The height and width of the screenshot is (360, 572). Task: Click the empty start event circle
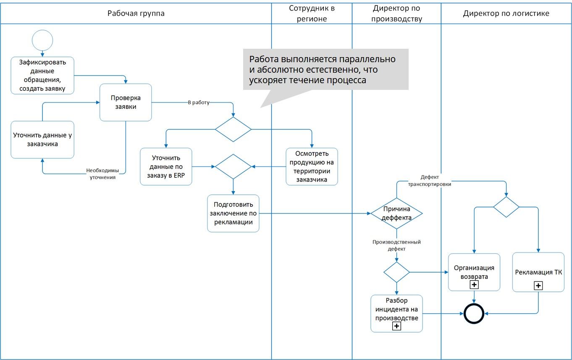[x=42, y=40]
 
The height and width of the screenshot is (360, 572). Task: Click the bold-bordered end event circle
[x=474, y=313]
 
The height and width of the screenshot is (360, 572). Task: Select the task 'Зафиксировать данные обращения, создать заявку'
[x=42, y=75]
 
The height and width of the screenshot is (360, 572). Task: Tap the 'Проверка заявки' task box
[x=126, y=102]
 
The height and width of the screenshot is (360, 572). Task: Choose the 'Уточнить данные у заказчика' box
[x=42, y=139]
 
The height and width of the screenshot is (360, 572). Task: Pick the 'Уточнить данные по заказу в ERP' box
[x=166, y=166]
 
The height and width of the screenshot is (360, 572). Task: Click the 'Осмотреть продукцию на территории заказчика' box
[x=312, y=166]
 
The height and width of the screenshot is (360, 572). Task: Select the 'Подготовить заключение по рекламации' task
[x=233, y=213]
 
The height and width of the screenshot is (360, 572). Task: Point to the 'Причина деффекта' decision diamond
[x=396, y=213]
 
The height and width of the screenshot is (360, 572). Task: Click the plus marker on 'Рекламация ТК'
[x=538, y=286]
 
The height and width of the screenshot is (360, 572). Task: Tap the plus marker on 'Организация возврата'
[x=474, y=285]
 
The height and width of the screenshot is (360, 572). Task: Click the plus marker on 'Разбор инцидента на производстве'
[x=396, y=326]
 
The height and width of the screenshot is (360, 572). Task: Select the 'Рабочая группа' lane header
[x=136, y=13]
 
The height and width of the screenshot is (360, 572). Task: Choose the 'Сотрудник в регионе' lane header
[x=312, y=13]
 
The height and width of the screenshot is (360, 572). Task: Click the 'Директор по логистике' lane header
[x=506, y=13]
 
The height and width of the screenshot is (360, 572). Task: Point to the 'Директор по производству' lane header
[x=396, y=13]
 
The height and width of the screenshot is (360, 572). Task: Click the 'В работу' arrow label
[x=198, y=102]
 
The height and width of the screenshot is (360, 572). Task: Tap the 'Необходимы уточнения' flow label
[x=102, y=174]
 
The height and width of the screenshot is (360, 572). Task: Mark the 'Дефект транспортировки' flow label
[x=430, y=181]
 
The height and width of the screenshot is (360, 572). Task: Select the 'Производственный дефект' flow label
[x=396, y=245]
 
